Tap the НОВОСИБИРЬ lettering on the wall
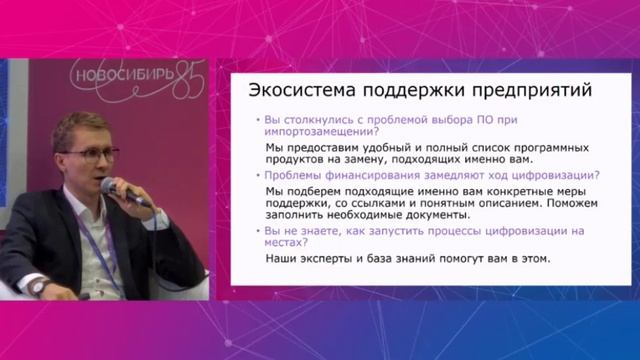pos(121,76)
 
